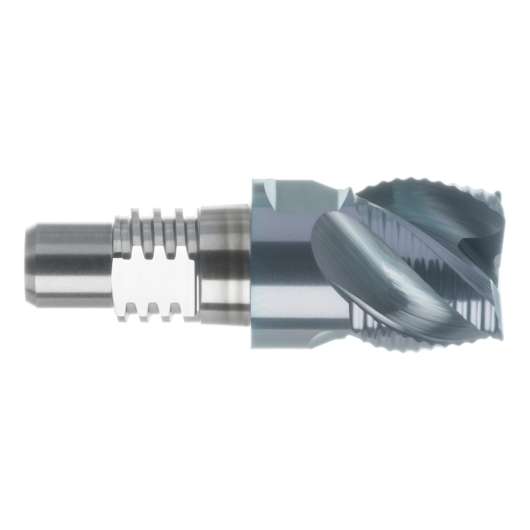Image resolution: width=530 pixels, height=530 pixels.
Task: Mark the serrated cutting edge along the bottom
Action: (x=424, y=344)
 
